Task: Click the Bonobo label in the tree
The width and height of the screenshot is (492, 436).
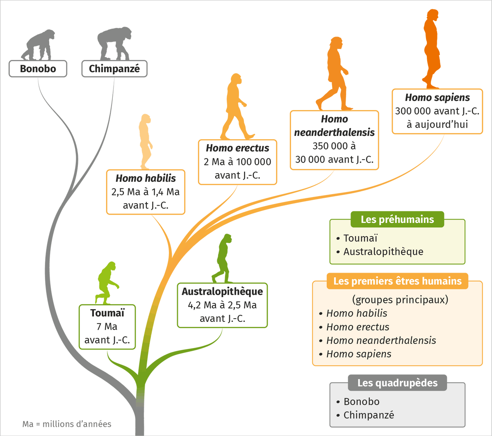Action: point(38,69)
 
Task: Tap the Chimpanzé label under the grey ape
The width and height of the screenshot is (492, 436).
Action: point(114,69)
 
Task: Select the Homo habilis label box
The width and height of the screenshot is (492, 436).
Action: point(146,191)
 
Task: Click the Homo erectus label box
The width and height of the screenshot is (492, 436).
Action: point(237,162)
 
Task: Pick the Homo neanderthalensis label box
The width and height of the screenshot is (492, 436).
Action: point(334,140)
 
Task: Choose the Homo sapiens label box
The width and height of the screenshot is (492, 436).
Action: point(437,111)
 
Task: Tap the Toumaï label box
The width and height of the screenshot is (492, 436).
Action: point(107,327)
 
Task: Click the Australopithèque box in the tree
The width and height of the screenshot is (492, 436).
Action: point(222,305)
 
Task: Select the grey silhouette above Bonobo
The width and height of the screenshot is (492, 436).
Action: point(38,44)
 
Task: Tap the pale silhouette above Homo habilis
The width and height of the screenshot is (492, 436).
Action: point(146,142)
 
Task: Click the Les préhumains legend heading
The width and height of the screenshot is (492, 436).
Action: point(397,219)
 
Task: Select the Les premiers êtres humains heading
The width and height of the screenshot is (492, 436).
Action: point(397,281)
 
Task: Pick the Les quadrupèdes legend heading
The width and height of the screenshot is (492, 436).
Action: point(397,383)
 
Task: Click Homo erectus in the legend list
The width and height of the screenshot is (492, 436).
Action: point(358,327)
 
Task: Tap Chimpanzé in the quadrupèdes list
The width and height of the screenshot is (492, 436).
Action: point(369,415)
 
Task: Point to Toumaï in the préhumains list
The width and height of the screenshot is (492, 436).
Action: point(360,238)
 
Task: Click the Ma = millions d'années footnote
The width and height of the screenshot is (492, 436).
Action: point(67,423)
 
